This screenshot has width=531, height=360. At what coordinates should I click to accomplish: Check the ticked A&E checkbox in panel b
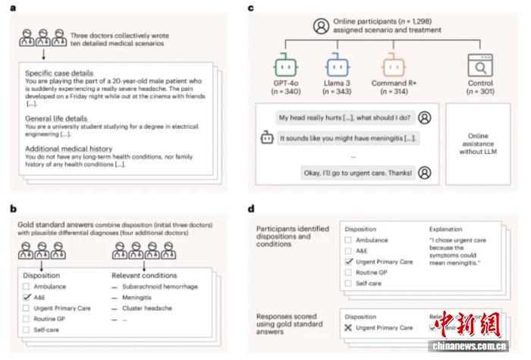(x=27, y=298)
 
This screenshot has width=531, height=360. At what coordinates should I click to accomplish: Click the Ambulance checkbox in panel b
(x=27, y=286)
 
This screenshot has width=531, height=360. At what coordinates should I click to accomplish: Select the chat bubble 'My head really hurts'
(x=337, y=117)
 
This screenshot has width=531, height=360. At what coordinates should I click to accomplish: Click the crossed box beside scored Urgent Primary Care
(x=349, y=327)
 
